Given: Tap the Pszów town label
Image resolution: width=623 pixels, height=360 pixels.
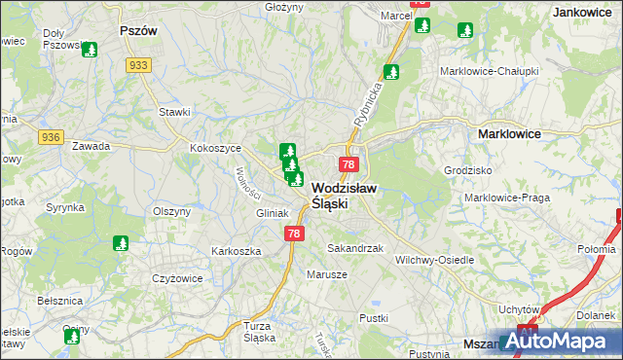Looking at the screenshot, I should (x=138, y=30).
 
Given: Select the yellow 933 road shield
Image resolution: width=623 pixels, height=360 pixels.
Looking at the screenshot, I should (x=137, y=64).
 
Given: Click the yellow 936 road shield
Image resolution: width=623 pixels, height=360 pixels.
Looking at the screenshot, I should (x=51, y=138).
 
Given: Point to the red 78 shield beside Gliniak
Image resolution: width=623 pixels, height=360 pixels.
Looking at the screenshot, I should (x=295, y=234).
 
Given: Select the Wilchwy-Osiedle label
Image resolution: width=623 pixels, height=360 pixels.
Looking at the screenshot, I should (x=435, y=260).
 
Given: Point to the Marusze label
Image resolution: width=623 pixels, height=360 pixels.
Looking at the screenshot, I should (x=328, y=273).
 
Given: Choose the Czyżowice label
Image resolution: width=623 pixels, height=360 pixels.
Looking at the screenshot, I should (x=176, y=278).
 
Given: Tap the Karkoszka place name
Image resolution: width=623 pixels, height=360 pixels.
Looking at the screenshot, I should (x=237, y=250).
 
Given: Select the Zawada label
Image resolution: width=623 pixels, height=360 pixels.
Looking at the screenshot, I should (x=91, y=146).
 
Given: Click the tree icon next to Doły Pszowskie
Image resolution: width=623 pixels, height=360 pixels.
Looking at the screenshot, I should (x=90, y=49).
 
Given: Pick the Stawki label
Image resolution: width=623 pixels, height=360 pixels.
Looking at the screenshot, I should (x=174, y=112).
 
